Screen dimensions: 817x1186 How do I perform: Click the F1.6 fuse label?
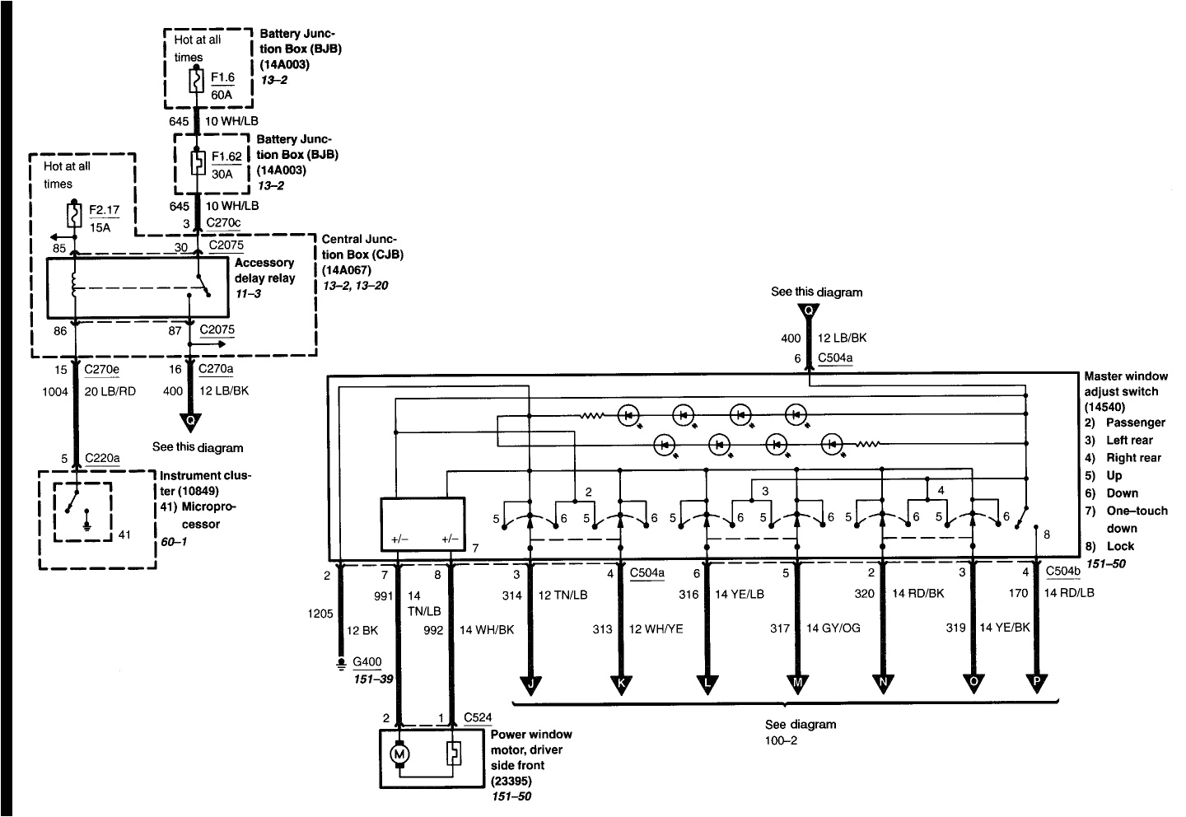(222, 78)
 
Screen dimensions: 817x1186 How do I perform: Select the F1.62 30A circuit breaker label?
(226, 155)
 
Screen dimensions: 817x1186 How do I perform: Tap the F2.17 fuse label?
(104, 210)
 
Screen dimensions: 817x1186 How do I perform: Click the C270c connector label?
(223, 223)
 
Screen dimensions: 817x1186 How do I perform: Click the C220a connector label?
(102, 458)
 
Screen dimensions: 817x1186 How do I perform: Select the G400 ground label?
(367, 661)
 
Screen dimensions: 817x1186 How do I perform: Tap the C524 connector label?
(478, 717)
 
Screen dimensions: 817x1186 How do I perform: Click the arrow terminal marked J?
(530, 684)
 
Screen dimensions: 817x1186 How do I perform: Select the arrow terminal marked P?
(1035, 684)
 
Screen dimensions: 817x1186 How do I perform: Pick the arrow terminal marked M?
(796, 684)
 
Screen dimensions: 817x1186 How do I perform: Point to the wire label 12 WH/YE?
(656, 629)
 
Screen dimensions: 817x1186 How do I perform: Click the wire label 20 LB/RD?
(110, 391)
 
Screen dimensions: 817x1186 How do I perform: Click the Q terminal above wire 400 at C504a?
(809, 310)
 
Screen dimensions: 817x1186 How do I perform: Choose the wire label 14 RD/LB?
(1069, 593)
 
